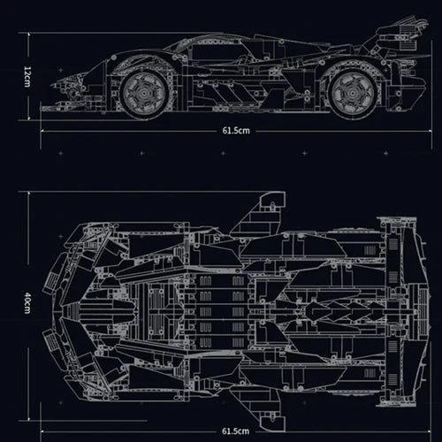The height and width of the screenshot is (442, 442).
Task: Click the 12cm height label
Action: (x=27, y=79)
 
